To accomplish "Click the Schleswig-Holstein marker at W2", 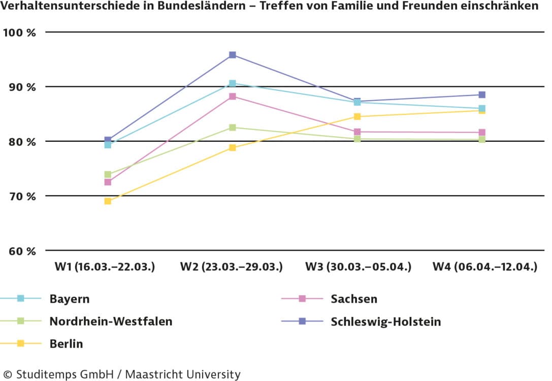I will coord(233,55).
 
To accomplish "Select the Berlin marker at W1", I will coord(108,201).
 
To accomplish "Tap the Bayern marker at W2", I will coord(233,83).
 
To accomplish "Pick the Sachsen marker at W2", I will coord(233,97).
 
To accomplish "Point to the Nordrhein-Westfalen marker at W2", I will coord(233,128).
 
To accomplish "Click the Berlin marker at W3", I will coord(358,117).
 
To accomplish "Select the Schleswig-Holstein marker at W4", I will coord(482,95).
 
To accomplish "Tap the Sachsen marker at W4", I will coord(482,133).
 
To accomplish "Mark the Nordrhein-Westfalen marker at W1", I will coord(108,175).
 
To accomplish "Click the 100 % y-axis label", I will coord(20,33).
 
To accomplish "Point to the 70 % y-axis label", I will coord(20,196).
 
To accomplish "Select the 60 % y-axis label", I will coord(20,251).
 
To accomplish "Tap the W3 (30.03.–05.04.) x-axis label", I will coord(358,267).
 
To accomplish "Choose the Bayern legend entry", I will coord(69,299).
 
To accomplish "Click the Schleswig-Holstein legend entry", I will coord(385,322).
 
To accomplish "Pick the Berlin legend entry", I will coord(66,344).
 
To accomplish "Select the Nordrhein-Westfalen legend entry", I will coord(111,322).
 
